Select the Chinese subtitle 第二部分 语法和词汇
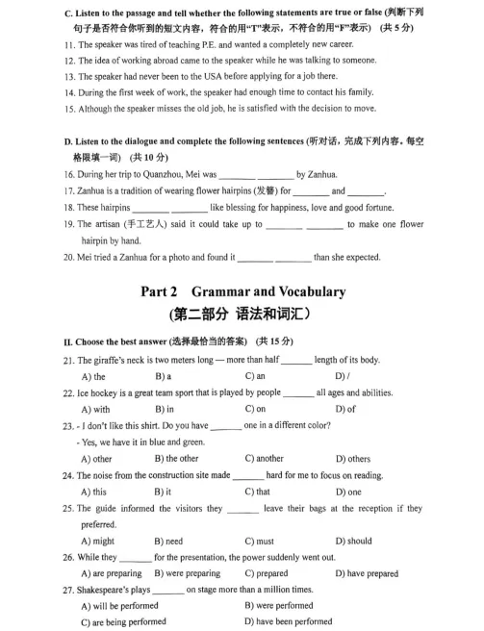240,315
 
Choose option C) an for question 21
255,376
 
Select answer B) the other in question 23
176,459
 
